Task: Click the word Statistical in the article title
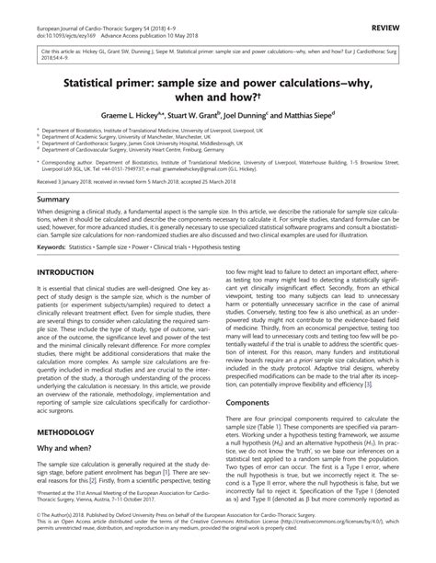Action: [x=98, y=81]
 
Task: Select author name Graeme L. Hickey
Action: [x=149, y=118]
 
